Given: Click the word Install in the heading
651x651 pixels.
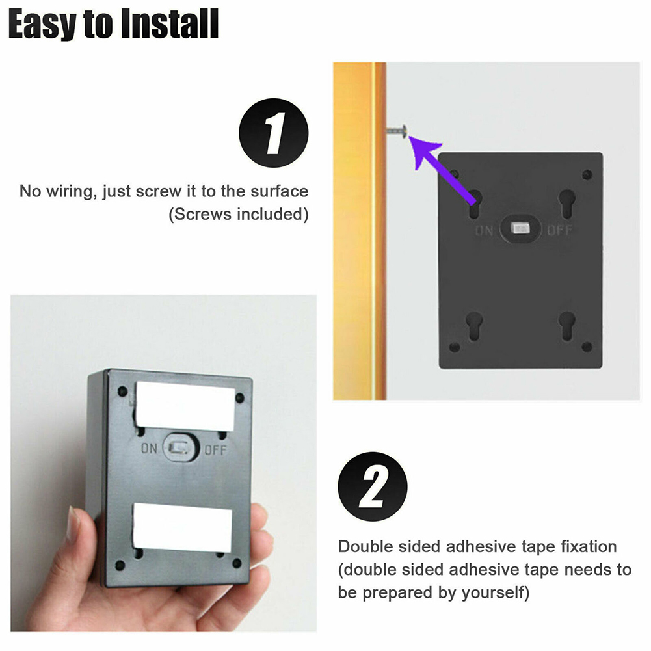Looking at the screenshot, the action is click(170, 24).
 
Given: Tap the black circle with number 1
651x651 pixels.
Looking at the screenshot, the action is click(274, 133).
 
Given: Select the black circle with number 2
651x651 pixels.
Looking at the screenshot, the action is click(373, 486).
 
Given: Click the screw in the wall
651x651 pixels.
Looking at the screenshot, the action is click(397, 131).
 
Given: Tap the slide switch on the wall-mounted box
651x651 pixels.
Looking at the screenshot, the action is click(520, 228).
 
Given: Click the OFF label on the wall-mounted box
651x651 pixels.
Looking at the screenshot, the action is click(560, 230).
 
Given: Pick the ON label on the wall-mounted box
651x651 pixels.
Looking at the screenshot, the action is click(484, 230).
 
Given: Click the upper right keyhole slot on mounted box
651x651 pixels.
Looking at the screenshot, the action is click(567, 204).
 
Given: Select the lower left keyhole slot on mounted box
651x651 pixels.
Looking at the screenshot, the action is click(473, 326).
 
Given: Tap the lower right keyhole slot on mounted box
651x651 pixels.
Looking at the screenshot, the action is click(567, 326).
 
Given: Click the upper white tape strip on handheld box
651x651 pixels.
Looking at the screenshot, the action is click(185, 406).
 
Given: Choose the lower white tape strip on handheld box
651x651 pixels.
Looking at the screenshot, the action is click(182, 527).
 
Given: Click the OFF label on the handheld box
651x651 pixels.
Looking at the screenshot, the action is click(215, 450).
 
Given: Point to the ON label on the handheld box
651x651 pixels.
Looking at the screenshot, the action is click(149, 448).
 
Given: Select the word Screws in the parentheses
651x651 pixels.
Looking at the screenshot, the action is click(203, 215).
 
